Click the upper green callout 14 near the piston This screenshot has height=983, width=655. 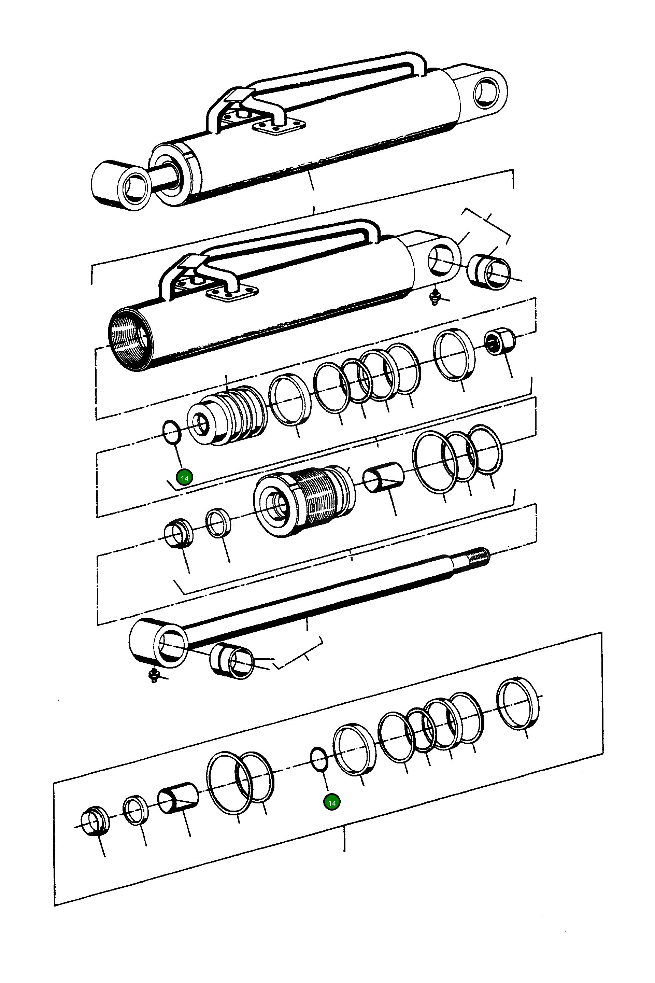(184, 478)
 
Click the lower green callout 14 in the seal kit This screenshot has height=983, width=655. (332, 802)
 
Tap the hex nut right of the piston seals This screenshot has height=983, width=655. (500, 341)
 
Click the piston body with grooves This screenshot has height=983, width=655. (228, 417)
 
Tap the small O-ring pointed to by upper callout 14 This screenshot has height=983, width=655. (171, 434)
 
